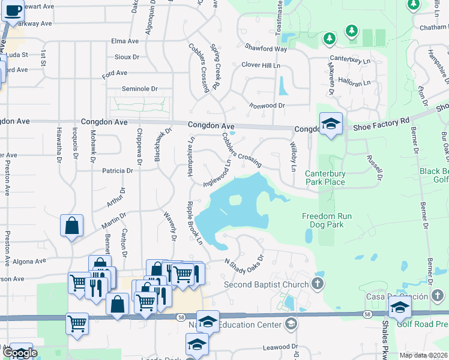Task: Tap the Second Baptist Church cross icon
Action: (318, 284)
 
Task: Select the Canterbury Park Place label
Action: (325, 178)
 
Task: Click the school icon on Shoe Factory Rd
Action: (331, 124)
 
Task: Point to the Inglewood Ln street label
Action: (217, 173)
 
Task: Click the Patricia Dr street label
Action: (118, 171)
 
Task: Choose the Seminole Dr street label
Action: (139, 89)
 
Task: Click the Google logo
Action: (20, 353)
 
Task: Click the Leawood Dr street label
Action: (281, 347)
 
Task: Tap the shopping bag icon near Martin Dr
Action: (71, 226)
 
